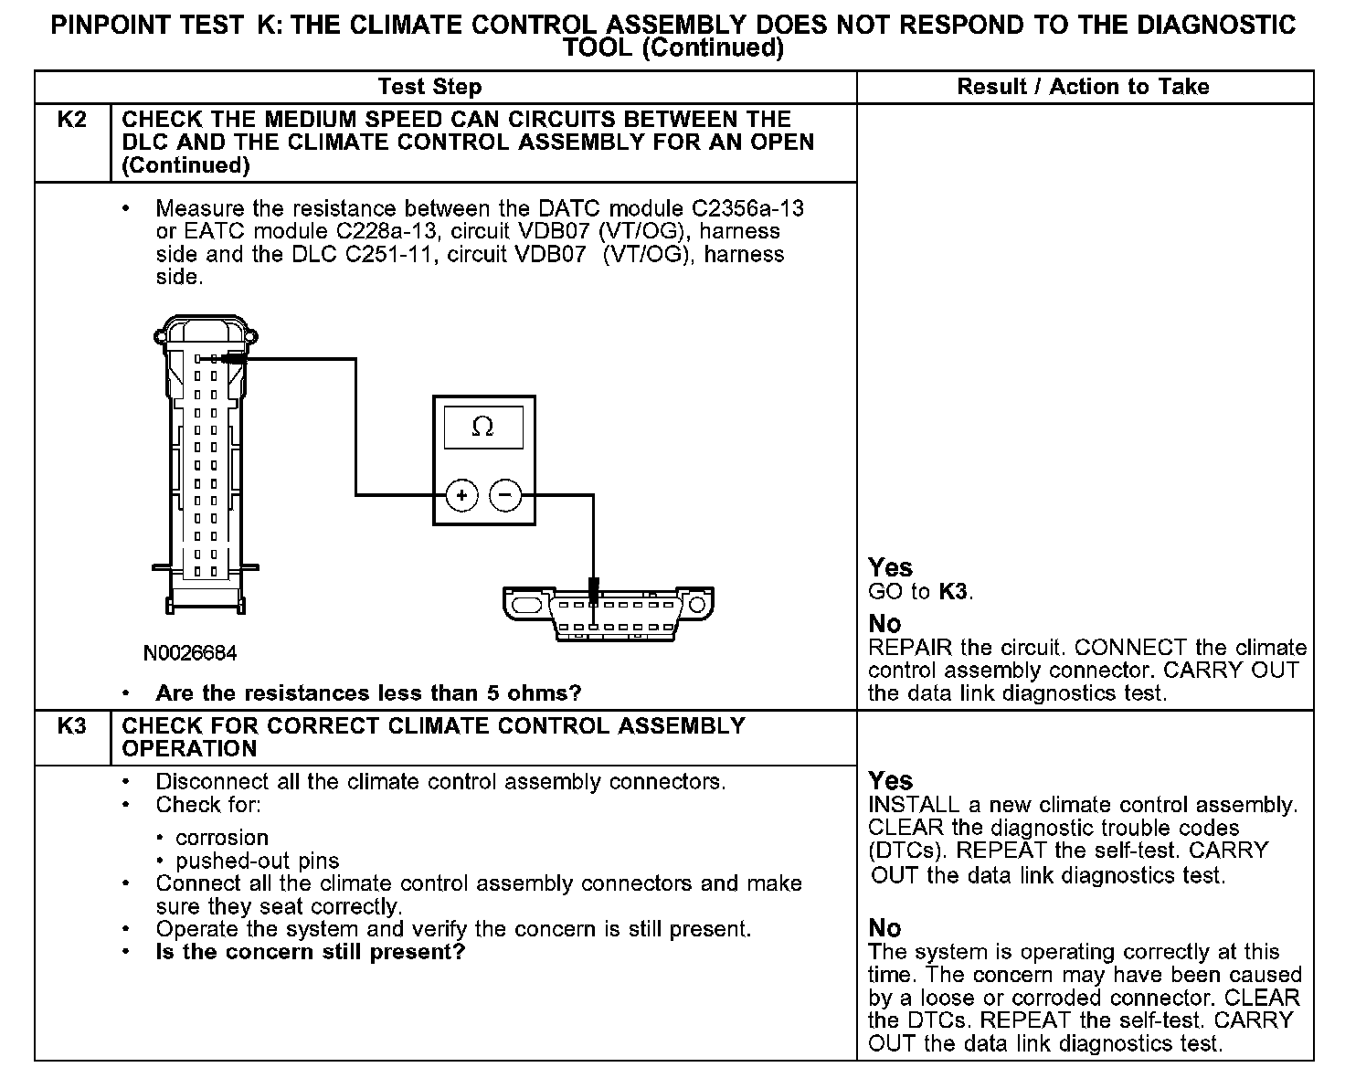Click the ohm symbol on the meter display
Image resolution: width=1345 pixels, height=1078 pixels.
point(482,428)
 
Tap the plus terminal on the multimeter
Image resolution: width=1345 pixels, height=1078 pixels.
point(462,496)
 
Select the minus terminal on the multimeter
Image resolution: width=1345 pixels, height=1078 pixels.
point(505,496)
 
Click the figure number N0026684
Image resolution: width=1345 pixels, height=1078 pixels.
point(190,654)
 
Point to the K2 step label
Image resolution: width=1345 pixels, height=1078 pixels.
point(72,120)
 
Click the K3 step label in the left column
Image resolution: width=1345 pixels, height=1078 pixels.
point(72,726)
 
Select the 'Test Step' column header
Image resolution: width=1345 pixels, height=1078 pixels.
point(429,87)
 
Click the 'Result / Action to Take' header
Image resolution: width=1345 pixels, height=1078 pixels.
point(1083,87)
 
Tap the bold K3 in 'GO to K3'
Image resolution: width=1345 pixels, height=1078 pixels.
point(953,591)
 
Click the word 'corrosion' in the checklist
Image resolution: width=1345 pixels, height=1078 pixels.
point(222,838)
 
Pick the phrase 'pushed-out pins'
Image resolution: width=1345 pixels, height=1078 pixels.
point(257,861)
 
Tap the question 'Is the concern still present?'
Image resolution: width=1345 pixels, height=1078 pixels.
point(311,952)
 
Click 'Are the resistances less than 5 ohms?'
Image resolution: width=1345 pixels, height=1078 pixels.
point(368,693)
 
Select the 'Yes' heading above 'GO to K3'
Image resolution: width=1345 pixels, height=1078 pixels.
point(891,567)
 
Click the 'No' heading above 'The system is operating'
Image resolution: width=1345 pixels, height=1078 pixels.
point(884,928)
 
